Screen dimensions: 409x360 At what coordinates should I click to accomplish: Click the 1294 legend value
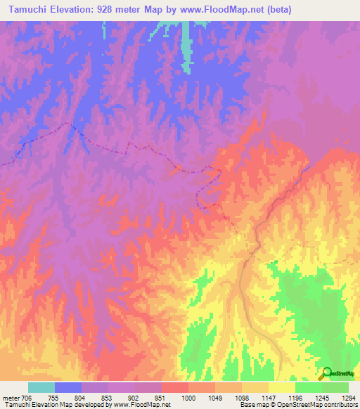click(348, 398)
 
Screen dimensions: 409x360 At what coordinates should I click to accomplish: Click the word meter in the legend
click(11, 398)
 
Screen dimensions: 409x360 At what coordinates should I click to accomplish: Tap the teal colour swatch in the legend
click(41, 387)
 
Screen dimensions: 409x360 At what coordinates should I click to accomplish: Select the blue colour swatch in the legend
click(68, 387)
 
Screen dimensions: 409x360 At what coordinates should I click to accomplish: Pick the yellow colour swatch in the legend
click(282, 387)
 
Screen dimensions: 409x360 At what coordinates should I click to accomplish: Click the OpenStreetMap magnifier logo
click(326, 374)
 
